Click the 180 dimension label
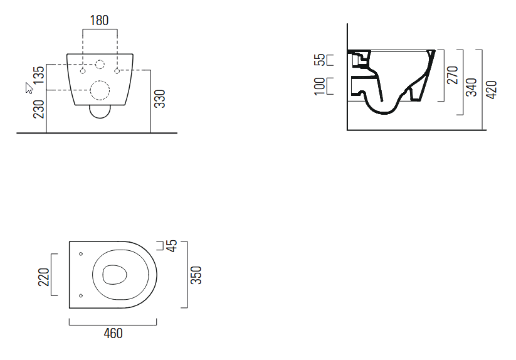pos(99,20)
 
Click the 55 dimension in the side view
pos(320,60)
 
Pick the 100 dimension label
pos(320,86)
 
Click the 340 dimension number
pos(472,87)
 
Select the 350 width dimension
pos(196,275)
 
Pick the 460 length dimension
pos(112,333)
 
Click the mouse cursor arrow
pos(29,87)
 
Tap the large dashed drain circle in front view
pos(100,91)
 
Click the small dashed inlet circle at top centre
pos(100,63)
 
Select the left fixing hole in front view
pos(82,70)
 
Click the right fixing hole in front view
pos(117,70)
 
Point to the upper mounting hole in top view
pos(82,254)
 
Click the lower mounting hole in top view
pos(82,295)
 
